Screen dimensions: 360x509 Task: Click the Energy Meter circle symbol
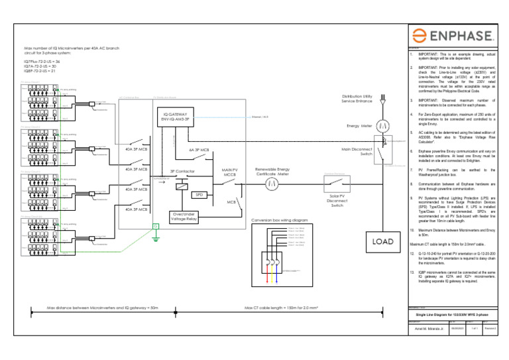coord(382,125)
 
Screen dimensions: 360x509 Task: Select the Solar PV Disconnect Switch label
coord(335,200)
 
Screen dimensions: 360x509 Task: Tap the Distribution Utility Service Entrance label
coord(357,98)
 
